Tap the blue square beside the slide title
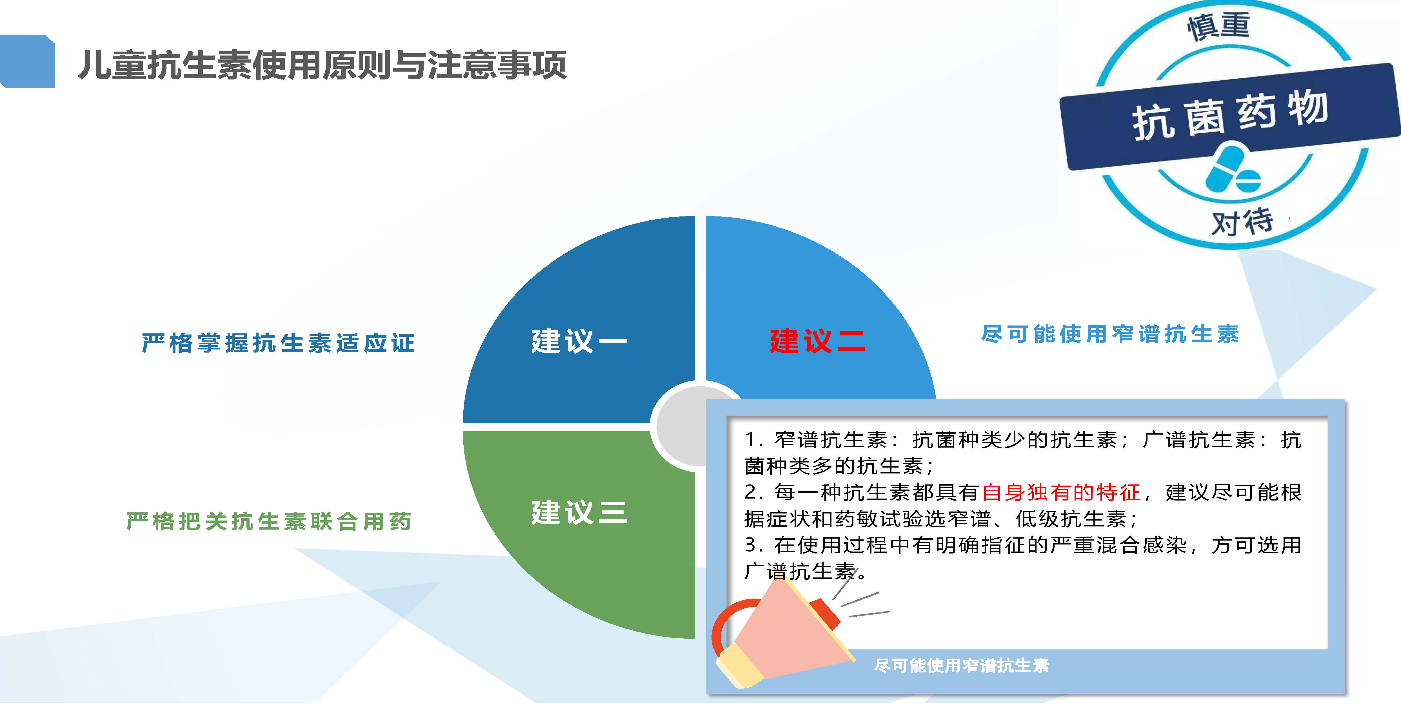click(x=27, y=61)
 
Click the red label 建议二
click(x=817, y=341)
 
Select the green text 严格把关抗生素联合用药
click(x=269, y=521)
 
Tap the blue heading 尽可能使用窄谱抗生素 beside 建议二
click(x=1110, y=334)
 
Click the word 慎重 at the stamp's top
click(x=1218, y=26)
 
